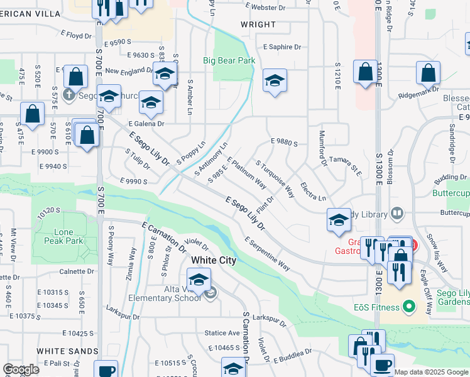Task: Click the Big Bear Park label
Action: click(x=229, y=61)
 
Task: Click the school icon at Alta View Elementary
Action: click(x=199, y=281)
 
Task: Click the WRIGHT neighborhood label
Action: click(x=258, y=25)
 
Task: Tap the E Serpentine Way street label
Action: click(x=268, y=254)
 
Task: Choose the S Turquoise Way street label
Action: click(x=275, y=178)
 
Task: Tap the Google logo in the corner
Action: click(x=21, y=369)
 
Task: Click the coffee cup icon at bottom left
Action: click(x=106, y=369)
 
